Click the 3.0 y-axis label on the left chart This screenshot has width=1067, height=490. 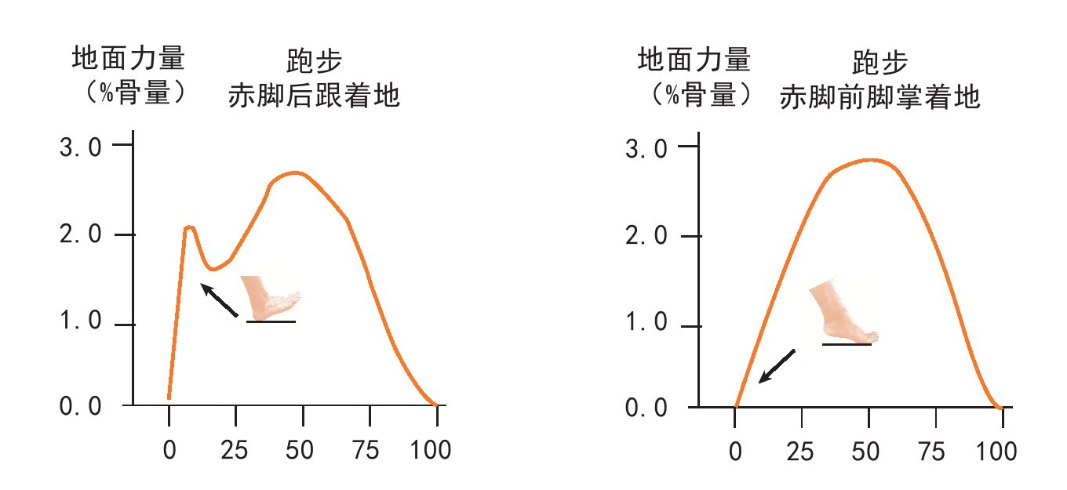coord(81,147)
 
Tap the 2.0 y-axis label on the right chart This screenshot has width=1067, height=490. coord(646,236)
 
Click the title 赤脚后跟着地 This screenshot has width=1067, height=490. coord(314,96)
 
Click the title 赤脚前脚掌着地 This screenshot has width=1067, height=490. coord(879,98)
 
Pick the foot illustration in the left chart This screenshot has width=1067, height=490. coord(269,297)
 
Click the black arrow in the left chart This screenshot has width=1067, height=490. coord(220,300)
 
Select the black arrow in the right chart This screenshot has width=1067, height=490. coord(777,366)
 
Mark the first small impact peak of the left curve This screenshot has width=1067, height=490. coord(189,227)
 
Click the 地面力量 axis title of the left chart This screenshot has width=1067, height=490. coord(129,59)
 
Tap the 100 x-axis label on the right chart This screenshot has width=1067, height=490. coord(999,452)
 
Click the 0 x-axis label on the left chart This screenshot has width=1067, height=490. coord(169,450)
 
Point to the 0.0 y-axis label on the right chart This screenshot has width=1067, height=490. coord(646,408)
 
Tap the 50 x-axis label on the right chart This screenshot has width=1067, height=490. coord(869,452)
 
